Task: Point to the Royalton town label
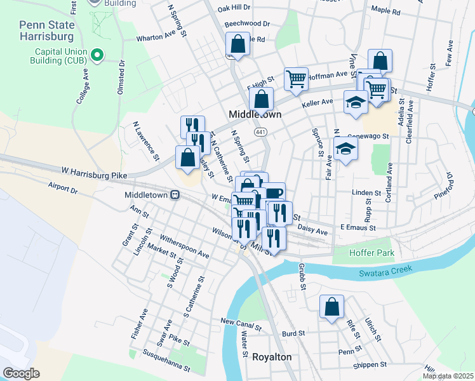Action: click(272, 357)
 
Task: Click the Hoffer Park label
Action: click(371, 253)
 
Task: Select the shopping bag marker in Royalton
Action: click(331, 307)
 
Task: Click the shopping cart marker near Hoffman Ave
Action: click(296, 79)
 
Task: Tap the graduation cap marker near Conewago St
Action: click(345, 149)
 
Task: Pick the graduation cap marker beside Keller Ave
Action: click(356, 102)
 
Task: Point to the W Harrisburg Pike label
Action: click(94, 173)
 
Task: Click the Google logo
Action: click(21, 373)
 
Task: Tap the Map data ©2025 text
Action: click(447, 376)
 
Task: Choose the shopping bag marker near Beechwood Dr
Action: click(237, 45)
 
